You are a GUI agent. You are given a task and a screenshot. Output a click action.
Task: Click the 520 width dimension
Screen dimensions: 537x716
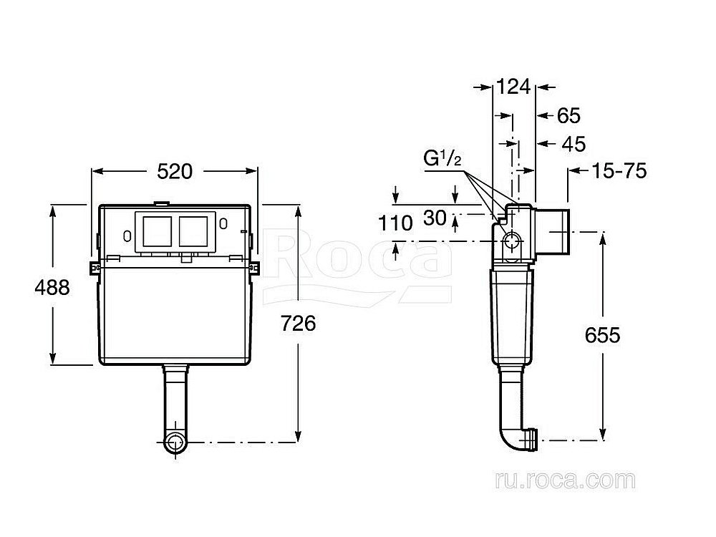tap(175, 171)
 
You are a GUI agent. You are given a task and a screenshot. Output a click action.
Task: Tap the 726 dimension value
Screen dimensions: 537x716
tap(299, 323)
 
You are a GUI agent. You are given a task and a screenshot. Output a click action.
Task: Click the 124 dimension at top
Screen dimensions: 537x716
tap(513, 87)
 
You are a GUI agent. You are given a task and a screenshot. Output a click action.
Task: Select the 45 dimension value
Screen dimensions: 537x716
tap(572, 144)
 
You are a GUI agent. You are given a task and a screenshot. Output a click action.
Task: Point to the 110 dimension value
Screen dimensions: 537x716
tap(395, 223)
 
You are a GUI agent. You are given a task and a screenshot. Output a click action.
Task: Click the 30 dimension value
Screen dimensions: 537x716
tap(435, 218)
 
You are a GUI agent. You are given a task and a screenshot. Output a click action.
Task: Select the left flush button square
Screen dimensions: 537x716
tap(158, 230)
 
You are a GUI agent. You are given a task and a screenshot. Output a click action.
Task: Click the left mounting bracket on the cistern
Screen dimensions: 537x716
tap(92, 266)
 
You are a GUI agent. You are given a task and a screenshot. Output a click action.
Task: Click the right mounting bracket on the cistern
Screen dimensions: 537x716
tap(256, 266)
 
